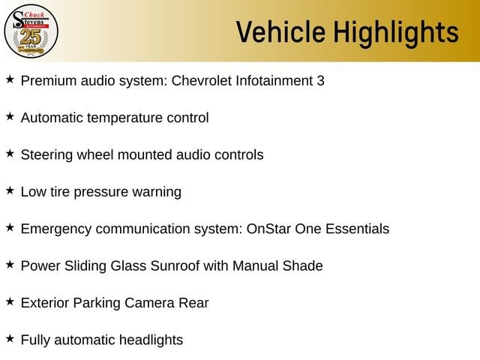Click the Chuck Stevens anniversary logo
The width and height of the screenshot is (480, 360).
(31, 31)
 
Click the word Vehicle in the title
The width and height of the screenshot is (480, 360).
(280, 31)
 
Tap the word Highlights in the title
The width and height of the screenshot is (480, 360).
(396, 33)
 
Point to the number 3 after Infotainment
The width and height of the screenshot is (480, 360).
(320, 81)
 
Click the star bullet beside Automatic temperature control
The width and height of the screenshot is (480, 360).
(10, 116)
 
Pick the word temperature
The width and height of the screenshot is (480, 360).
(124, 118)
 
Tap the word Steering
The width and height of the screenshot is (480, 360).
(46, 155)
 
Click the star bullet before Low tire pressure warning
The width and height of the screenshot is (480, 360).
(10, 190)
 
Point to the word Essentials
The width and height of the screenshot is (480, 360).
(357, 229)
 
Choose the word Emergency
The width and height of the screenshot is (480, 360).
(56, 229)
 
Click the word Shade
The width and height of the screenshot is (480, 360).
(302, 266)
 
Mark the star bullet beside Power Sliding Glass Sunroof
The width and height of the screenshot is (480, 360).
(10, 265)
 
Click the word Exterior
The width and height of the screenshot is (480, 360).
(45, 303)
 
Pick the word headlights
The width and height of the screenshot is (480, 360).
(151, 340)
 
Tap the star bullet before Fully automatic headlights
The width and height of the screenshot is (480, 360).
(10, 338)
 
